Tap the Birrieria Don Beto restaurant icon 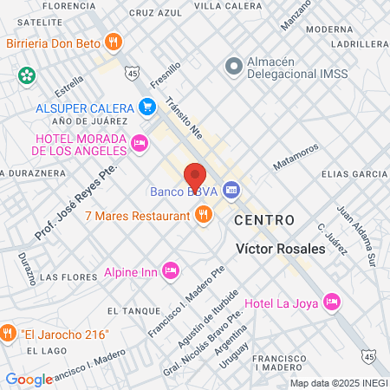click(x=112, y=41)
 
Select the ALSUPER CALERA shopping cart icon click(x=147, y=107)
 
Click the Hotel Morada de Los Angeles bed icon click(x=139, y=142)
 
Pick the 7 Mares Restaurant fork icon click(x=204, y=214)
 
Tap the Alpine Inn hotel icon click(x=171, y=271)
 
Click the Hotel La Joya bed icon click(x=330, y=302)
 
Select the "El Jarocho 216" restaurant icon click(x=8, y=333)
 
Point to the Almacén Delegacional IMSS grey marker click(x=232, y=66)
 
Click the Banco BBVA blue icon click(x=231, y=189)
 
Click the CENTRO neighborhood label click(x=267, y=221)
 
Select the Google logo click(x=29, y=379)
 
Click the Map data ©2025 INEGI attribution click(x=338, y=382)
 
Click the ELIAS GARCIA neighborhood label click(x=354, y=174)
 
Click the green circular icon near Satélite click(x=28, y=75)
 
